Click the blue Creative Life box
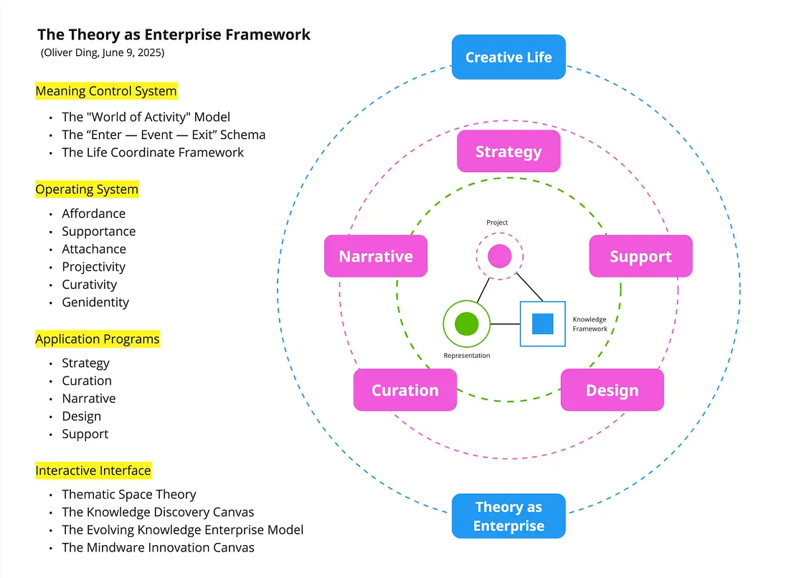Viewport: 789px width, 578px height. pyautogui.click(x=509, y=57)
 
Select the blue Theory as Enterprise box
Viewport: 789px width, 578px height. pyautogui.click(x=509, y=516)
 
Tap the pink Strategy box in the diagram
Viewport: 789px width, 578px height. pyautogui.click(x=509, y=151)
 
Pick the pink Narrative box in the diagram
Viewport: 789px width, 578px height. pyautogui.click(x=376, y=257)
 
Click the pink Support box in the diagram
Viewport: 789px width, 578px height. pyautogui.click(x=641, y=257)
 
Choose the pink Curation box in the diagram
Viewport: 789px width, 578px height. pyautogui.click(x=405, y=390)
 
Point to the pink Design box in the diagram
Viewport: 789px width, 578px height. pyautogui.click(x=612, y=390)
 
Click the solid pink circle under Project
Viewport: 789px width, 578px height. pyautogui.click(x=499, y=256)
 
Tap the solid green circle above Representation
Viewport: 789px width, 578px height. pyautogui.click(x=466, y=324)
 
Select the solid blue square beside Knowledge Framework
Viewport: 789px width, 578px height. pyautogui.click(x=542, y=324)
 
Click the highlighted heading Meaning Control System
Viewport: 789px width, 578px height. pyautogui.click(x=106, y=91)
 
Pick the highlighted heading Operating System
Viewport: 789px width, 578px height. pyautogui.click(x=87, y=189)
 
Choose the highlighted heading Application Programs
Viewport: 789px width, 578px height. pyautogui.click(x=98, y=339)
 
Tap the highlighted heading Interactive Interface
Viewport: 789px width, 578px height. pyautogui.click(x=93, y=470)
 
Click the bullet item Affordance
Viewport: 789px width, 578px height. pyautogui.click(x=93, y=214)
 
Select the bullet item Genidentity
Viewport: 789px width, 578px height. pyautogui.click(x=95, y=302)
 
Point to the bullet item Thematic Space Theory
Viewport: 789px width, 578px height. pyautogui.click(x=129, y=494)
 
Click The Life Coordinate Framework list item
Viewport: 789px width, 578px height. pyautogui.click(x=153, y=152)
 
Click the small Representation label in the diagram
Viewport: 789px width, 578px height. pyautogui.click(x=467, y=356)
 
